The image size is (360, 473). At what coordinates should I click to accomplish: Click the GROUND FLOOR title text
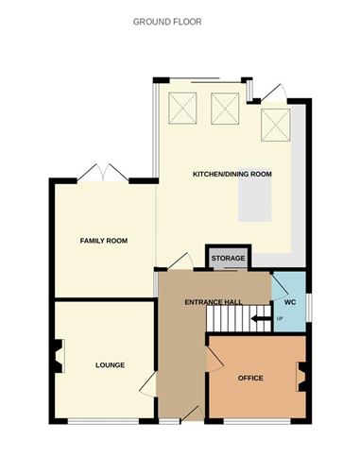click(x=180, y=20)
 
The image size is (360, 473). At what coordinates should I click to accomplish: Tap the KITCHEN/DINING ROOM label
click(x=231, y=175)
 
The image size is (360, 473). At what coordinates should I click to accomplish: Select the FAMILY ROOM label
click(x=103, y=241)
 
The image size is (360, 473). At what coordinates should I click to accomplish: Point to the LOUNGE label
click(x=110, y=364)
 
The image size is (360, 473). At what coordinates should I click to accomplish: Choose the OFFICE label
click(x=250, y=378)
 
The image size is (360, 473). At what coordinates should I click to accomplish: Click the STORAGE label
click(x=228, y=258)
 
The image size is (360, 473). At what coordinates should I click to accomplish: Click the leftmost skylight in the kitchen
click(x=181, y=109)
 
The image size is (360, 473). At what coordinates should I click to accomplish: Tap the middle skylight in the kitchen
click(x=226, y=109)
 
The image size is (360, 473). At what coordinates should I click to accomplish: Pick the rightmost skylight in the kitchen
click(x=275, y=123)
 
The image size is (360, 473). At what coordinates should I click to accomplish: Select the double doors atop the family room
click(x=103, y=174)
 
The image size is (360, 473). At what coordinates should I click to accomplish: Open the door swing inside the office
click(x=214, y=357)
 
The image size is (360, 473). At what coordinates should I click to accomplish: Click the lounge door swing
click(x=148, y=384)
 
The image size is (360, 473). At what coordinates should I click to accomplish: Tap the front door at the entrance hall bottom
click(x=189, y=412)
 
